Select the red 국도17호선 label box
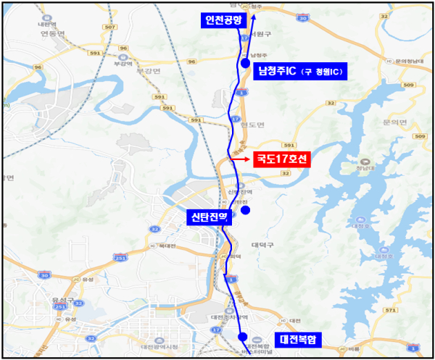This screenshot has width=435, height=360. (x=281, y=159)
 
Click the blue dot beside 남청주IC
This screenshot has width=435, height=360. (x=245, y=65)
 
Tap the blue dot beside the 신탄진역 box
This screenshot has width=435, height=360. (x=246, y=210)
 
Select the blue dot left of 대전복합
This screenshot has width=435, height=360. (x=242, y=336)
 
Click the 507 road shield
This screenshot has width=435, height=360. (x=110, y=27)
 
